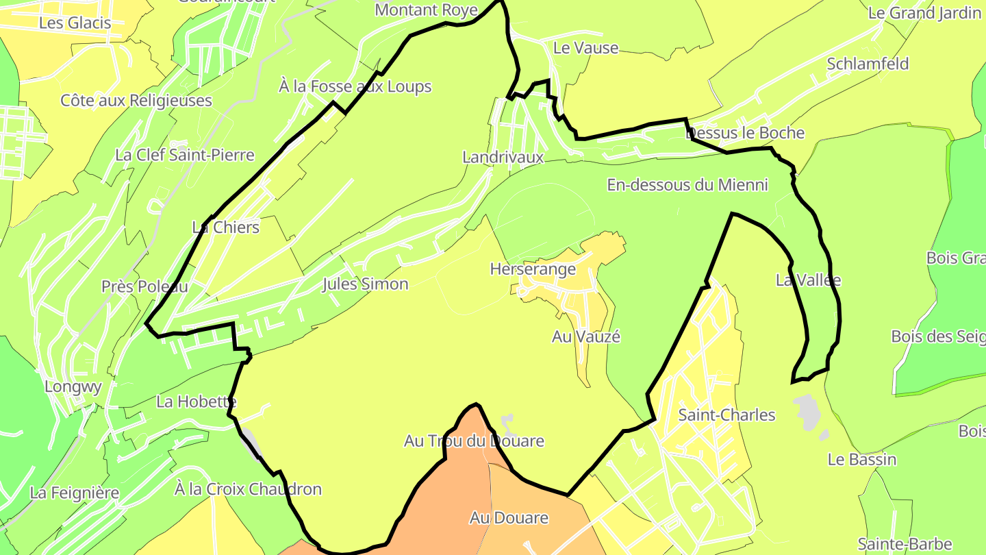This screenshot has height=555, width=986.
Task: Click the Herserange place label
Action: (533, 269)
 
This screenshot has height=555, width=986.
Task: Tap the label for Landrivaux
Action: (503, 157)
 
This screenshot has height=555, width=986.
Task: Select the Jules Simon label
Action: (365, 284)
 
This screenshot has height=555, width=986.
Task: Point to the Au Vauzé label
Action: (586, 336)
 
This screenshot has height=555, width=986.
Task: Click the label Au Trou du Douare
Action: (474, 441)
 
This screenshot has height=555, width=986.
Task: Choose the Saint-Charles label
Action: (726, 415)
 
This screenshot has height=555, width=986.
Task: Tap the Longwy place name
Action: (73, 386)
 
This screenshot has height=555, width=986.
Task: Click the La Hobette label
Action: (197, 402)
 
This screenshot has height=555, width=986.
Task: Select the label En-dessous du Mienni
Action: (687, 185)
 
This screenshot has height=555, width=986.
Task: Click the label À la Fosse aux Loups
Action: (355, 86)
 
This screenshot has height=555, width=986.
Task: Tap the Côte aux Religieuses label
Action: (136, 101)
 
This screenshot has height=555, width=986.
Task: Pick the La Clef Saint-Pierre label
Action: (185, 155)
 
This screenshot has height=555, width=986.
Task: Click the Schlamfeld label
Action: (868, 64)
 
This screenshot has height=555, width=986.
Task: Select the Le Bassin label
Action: (862, 459)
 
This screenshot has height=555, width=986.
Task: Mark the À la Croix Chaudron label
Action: (248, 489)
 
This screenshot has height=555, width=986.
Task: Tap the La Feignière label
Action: (75, 493)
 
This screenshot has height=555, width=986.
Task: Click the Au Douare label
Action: (509, 518)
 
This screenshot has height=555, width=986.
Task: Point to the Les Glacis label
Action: (75, 23)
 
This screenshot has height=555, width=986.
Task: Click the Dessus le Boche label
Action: (745, 133)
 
